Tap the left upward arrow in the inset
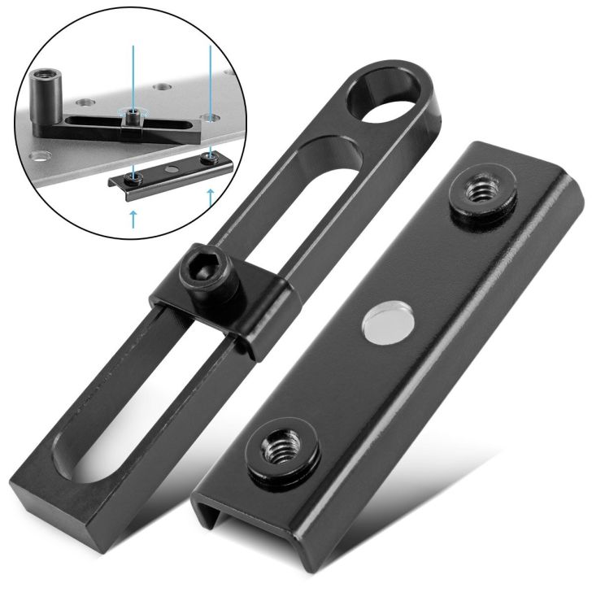pos(132,216)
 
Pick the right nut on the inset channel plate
pos(210,155)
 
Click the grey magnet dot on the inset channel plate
pos(171,165)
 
